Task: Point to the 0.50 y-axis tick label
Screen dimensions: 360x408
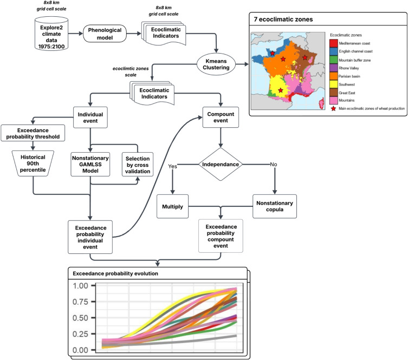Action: pos(80,317)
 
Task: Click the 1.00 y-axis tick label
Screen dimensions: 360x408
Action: pos(80,285)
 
